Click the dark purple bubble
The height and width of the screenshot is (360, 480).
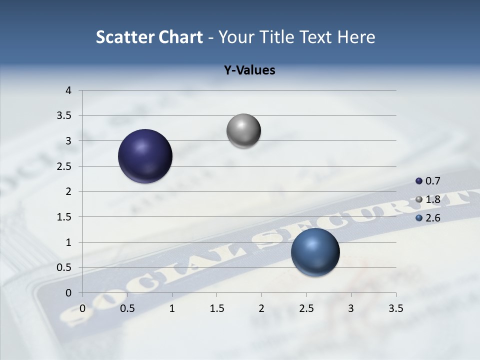(145, 156)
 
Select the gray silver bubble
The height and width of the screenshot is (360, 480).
(243, 131)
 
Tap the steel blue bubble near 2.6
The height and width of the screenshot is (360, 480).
(315, 252)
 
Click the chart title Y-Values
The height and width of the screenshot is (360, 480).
(249, 70)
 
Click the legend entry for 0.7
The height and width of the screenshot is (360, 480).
(428, 181)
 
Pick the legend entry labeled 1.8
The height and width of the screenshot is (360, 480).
(428, 199)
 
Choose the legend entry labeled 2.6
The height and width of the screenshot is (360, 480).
(428, 218)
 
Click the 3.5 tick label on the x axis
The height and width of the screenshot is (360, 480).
(395, 308)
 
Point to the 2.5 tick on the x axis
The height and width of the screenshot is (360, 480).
(306, 308)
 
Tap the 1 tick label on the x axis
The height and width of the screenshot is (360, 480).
(172, 308)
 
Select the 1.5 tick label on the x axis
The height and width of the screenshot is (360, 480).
(216, 308)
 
